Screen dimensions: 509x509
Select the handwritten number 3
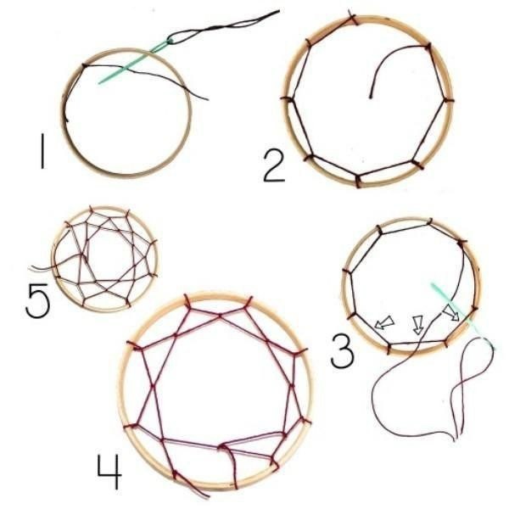coord(342,350)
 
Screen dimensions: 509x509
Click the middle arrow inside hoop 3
coord(417,323)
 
